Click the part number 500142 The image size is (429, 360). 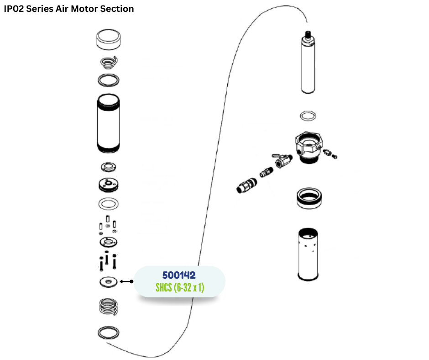coord(179,275)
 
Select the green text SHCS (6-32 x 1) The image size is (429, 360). coord(179,288)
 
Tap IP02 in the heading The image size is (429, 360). coord(14,9)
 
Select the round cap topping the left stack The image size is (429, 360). coord(109,40)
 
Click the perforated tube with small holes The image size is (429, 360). coord(310,254)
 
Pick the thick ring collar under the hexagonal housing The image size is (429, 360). coord(309,197)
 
